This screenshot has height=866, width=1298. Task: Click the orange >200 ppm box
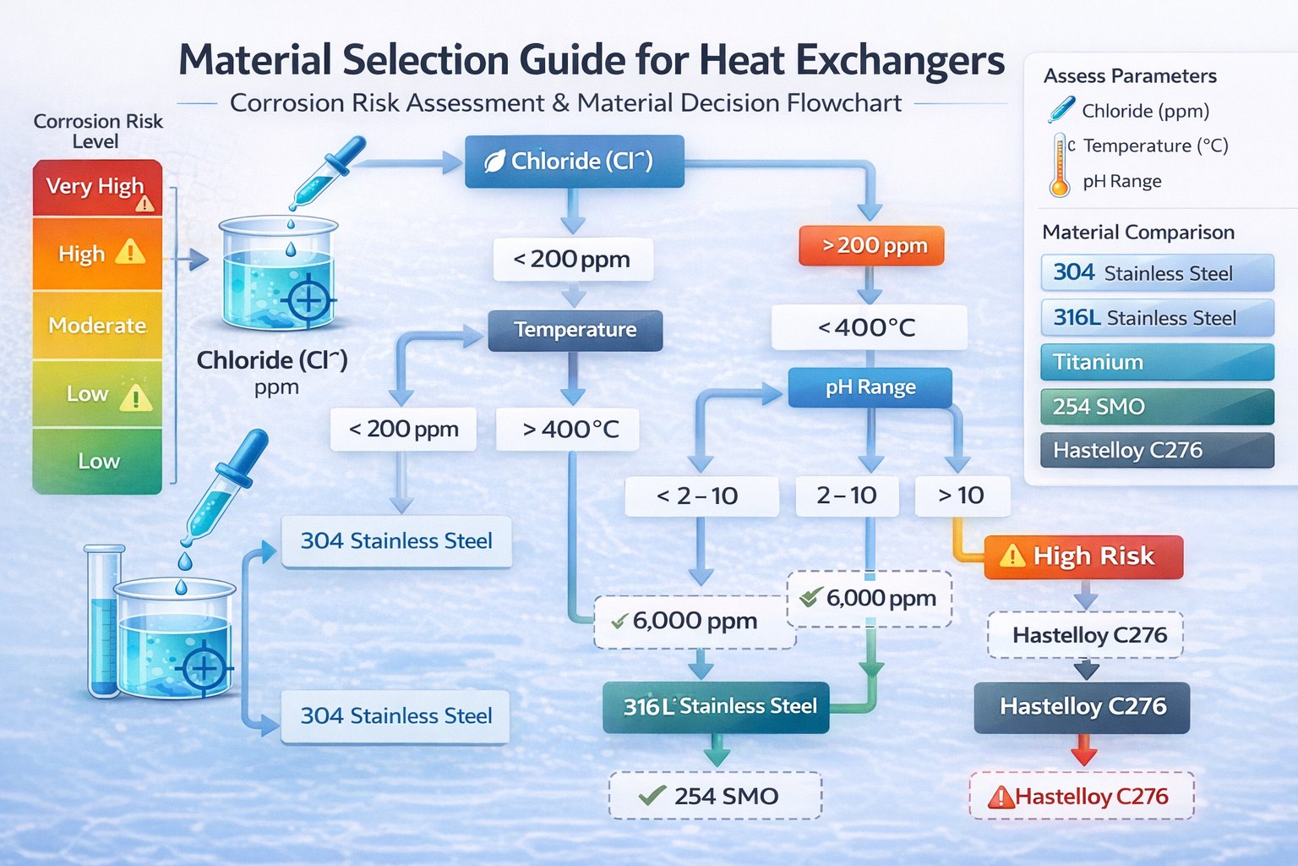(871, 246)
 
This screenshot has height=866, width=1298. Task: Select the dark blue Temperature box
(575, 330)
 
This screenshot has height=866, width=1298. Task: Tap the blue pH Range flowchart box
(870, 387)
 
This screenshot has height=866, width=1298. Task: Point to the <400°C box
(868, 327)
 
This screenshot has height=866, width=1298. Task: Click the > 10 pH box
(962, 496)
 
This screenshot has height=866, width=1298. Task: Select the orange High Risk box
(1083, 556)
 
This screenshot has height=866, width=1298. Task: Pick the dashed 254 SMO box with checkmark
(715, 796)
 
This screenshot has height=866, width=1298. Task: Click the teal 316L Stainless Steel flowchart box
(716, 707)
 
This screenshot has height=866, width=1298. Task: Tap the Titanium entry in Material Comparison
(1157, 362)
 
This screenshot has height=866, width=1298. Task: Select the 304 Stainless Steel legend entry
(1157, 273)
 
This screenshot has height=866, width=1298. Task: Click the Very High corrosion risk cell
(97, 187)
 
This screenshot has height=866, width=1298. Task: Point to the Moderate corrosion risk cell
(97, 326)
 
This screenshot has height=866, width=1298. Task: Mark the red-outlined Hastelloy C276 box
(1082, 796)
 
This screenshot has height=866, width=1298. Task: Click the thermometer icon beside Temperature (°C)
(1060, 164)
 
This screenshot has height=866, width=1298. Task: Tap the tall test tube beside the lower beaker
(103, 622)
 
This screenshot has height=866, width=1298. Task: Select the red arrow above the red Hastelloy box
(1084, 750)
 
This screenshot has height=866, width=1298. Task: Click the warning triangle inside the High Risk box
(1012, 556)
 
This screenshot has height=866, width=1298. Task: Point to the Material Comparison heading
(1138, 233)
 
